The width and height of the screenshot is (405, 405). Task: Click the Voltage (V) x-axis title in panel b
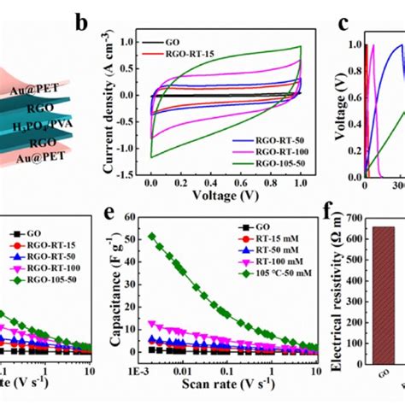226,196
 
